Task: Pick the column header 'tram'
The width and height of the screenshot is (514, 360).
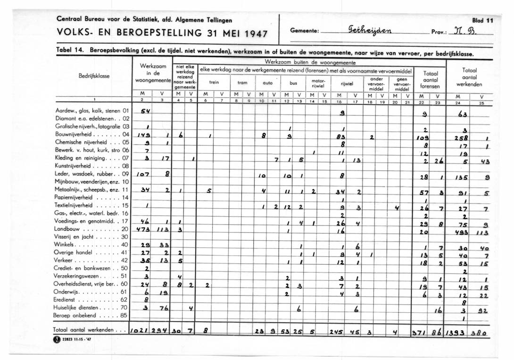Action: click(242, 82)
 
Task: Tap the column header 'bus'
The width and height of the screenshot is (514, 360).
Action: click(293, 82)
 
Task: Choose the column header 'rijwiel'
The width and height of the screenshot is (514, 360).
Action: click(347, 83)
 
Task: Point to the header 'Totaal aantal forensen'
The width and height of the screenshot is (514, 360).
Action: click(430, 80)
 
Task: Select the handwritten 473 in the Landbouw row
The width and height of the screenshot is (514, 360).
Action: click(142, 229)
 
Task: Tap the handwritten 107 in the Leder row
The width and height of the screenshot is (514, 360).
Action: click(143, 175)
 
